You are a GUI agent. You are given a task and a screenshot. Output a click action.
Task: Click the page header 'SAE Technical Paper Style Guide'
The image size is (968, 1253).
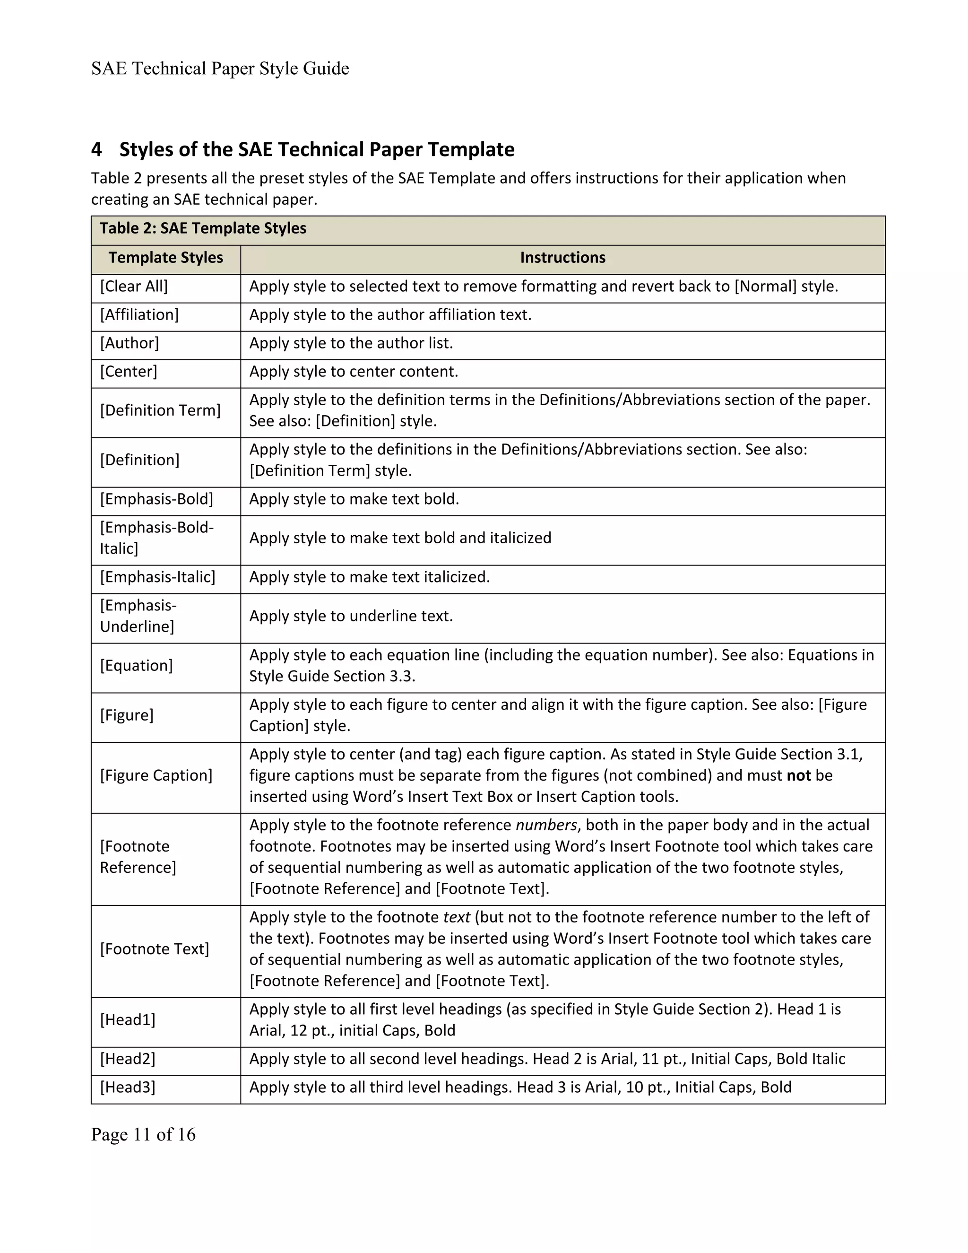(220, 69)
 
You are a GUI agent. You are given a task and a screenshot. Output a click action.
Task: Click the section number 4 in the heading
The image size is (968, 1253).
(96, 150)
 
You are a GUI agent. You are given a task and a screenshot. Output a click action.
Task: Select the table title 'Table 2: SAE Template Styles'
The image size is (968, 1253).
(203, 228)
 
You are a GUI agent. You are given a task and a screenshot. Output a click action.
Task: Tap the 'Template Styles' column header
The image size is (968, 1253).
(166, 258)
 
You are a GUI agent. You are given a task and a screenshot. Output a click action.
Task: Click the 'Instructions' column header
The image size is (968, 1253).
(562, 258)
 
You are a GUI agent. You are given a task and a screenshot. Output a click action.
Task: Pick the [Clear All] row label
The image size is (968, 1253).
(134, 286)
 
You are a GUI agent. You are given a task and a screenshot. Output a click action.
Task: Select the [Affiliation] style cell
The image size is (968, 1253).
(139, 315)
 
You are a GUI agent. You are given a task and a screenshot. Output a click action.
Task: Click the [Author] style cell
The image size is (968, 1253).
(130, 343)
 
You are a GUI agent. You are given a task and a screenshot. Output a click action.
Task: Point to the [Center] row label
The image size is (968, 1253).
(129, 372)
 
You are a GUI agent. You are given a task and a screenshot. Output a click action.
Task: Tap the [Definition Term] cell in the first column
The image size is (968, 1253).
(160, 411)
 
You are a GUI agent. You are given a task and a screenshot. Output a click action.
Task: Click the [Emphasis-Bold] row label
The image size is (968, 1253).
(156, 499)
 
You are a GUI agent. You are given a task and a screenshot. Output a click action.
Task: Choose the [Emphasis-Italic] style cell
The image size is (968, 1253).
(158, 577)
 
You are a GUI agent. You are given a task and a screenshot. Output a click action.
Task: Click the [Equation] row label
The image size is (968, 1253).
(136, 666)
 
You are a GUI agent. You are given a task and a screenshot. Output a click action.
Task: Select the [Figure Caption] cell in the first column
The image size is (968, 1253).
(156, 775)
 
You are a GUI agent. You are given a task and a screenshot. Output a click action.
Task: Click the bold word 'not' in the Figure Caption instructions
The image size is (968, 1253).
(798, 775)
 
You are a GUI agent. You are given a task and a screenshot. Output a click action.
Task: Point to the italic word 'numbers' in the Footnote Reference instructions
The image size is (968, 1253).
(546, 825)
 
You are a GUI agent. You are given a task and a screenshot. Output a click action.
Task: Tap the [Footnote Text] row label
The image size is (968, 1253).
(154, 949)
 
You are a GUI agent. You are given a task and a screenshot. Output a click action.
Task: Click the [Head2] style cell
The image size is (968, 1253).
(127, 1059)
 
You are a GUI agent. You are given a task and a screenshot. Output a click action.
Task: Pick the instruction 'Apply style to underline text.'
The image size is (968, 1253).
(351, 616)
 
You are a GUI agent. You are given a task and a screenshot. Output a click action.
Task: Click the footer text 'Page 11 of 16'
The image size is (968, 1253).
(143, 1135)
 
